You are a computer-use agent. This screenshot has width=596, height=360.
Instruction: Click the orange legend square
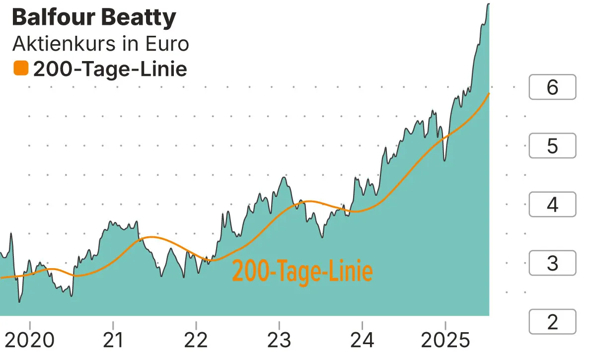pyautogui.click(x=21, y=68)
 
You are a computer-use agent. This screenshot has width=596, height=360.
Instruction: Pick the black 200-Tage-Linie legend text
pyautogui.click(x=110, y=69)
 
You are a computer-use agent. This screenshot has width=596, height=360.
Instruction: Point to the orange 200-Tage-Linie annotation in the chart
pyautogui.click(x=302, y=271)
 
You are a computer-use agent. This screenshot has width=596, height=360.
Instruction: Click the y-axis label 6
pyautogui.click(x=552, y=87)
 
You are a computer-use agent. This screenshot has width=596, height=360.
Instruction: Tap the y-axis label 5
pyautogui.click(x=552, y=146)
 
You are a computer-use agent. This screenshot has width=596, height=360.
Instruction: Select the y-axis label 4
pyautogui.click(x=552, y=205)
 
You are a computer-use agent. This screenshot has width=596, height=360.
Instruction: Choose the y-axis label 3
pyautogui.click(x=552, y=263)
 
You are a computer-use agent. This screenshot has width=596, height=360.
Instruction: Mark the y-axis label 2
pyautogui.click(x=552, y=322)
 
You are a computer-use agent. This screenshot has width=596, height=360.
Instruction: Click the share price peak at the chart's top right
pyautogui.click(x=488, y=4)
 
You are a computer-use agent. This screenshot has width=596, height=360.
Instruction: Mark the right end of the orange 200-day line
pyautogui.click(x=489, y=93)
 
